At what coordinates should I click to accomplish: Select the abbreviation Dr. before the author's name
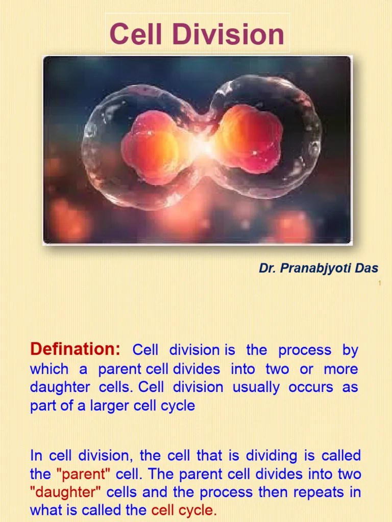pyautogui.click(x=267, y=268)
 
